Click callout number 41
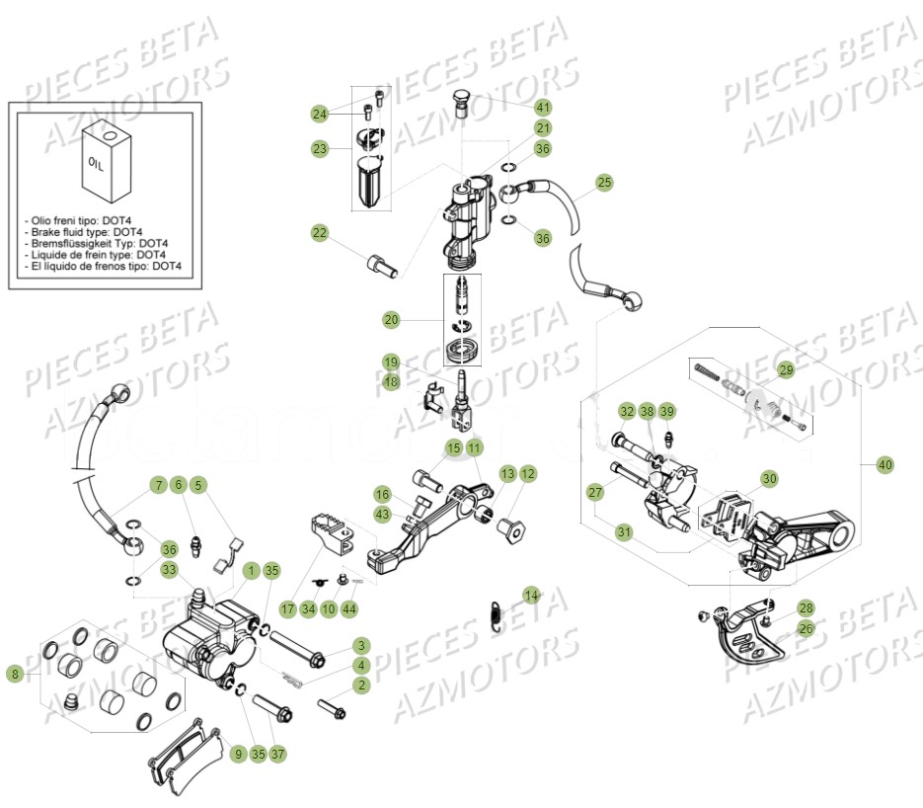[544, 107]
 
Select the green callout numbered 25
[604, 182]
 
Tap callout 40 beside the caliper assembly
[885, 462]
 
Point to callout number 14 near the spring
[532, 595]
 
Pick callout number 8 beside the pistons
[14, 674]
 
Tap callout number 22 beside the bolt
[319, 233]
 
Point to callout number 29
[786, 370]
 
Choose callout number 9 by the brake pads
[237, 754]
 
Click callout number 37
[278, 754]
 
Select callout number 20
[392, 319]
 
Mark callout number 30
[769, 478]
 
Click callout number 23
[319, 148]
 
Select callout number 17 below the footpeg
[287, 608]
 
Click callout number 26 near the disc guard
[807, 628]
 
